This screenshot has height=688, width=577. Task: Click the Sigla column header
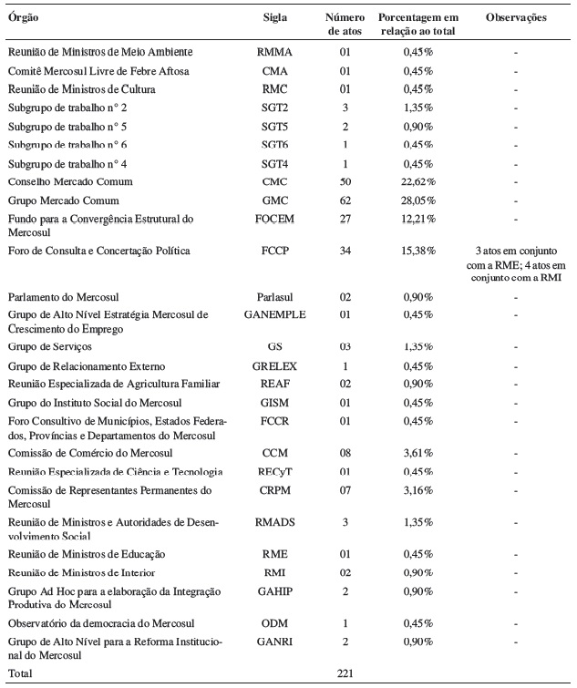coord(274,17)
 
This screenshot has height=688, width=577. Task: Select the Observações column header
coord(516,17)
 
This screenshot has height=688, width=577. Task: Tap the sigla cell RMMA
coord(275,52)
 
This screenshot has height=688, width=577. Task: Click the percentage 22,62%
coord(419,181)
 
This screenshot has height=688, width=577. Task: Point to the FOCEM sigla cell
coord(275,220)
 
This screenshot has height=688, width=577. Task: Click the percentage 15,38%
coord(419,250)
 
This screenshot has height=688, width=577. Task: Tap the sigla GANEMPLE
coord(275,315)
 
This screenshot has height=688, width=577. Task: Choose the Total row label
coord(21,673)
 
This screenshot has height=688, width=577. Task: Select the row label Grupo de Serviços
coord(51,347)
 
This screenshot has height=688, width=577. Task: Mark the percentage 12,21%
coord(419,220)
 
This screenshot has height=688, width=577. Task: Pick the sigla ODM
coord(275,622)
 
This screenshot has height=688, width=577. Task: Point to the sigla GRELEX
coord(275,365)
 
